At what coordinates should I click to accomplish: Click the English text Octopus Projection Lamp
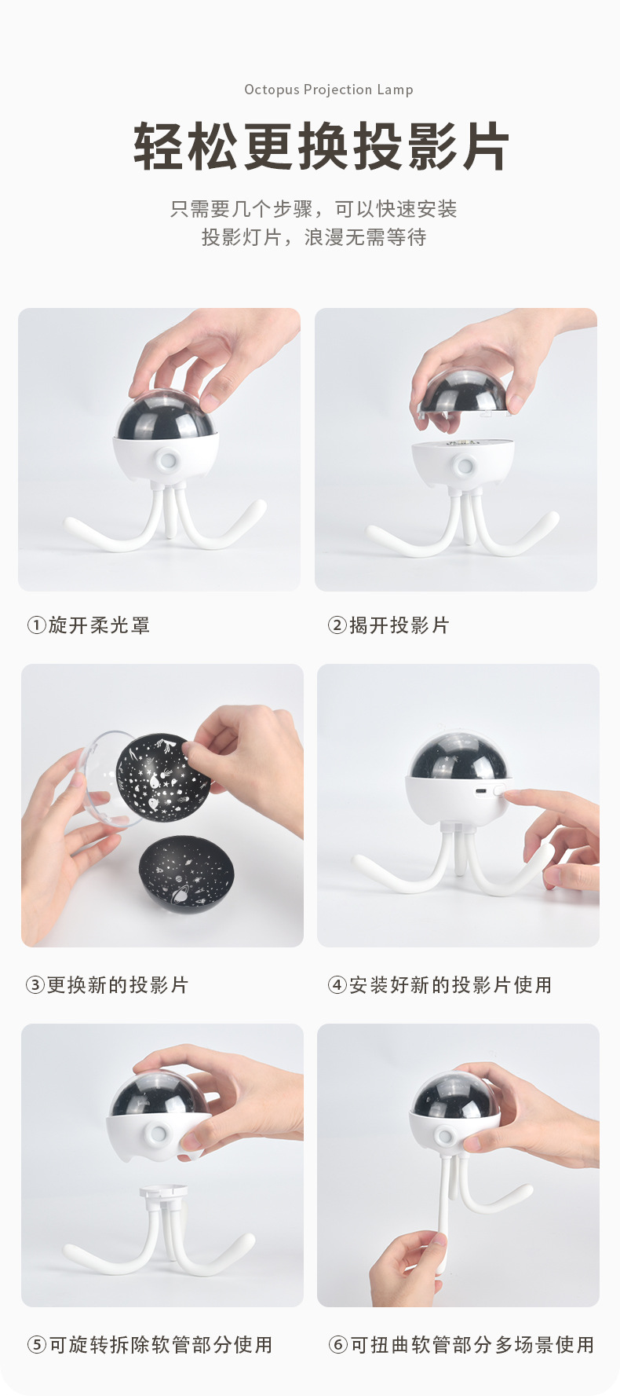pyautogui.click(x=328, y=90)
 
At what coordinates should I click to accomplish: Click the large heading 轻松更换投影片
pyautogui.click(x=321, y=147)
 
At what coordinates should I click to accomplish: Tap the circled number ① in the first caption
pyautogui.click(x=36, y=625)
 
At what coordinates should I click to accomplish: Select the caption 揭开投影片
pyautogui.click(x=399, y=625)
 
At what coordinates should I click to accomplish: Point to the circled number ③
pyautogui.click(x=35, y=985)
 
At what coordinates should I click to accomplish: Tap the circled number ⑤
pyautogui.click(x=36, y=1345)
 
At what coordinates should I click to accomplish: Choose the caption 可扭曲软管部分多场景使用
pyautogui.click(x=472, y=1345)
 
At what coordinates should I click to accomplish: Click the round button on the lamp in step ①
pyautogui.click(x=166, y=460)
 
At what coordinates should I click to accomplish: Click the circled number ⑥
pyautogui.click(x=337, y=1345)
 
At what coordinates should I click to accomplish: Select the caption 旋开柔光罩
pyautogui.click(x=99, y=625)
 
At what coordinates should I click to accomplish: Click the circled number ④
pyautogui.click(x=337, y=985)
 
